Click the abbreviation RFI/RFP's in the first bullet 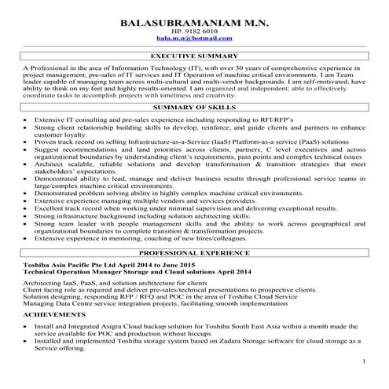click(x=253, y=119)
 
